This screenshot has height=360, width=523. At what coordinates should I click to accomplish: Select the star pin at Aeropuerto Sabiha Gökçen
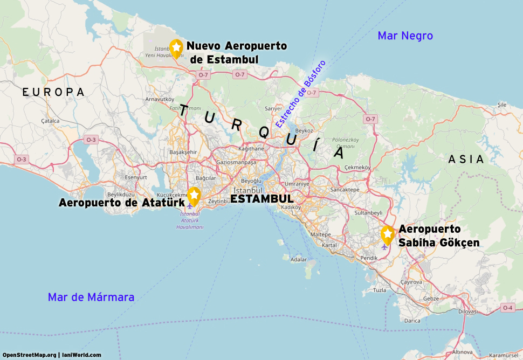point(387,234)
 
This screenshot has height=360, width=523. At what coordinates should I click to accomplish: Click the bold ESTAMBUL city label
point(262,199)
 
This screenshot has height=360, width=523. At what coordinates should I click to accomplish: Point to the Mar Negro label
point(405,36)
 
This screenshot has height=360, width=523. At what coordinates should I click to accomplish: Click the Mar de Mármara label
point(91,297)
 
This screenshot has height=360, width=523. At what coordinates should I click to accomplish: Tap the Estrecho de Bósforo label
point(301,93)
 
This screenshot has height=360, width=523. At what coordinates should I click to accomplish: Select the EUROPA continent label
point(53,93)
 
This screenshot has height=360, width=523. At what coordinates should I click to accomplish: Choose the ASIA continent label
point(466,160)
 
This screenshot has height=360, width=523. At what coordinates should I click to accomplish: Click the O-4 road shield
point(507,308)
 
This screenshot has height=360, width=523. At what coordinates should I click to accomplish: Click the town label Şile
point(502,105)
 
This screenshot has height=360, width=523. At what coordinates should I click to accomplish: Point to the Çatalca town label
point(50,121)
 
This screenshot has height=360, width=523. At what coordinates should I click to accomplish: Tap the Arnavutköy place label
point(160,99)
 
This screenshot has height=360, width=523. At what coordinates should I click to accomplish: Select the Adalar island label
point(298,259)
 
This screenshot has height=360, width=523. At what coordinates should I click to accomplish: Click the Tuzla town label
point(380,290)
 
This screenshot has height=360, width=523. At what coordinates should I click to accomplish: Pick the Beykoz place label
point(304,130)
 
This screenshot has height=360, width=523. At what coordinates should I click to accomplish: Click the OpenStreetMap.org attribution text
point(29,355)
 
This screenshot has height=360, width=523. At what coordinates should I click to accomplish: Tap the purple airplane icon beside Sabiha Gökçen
point(384,247)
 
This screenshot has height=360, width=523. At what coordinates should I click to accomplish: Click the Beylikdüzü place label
point(120,194)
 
